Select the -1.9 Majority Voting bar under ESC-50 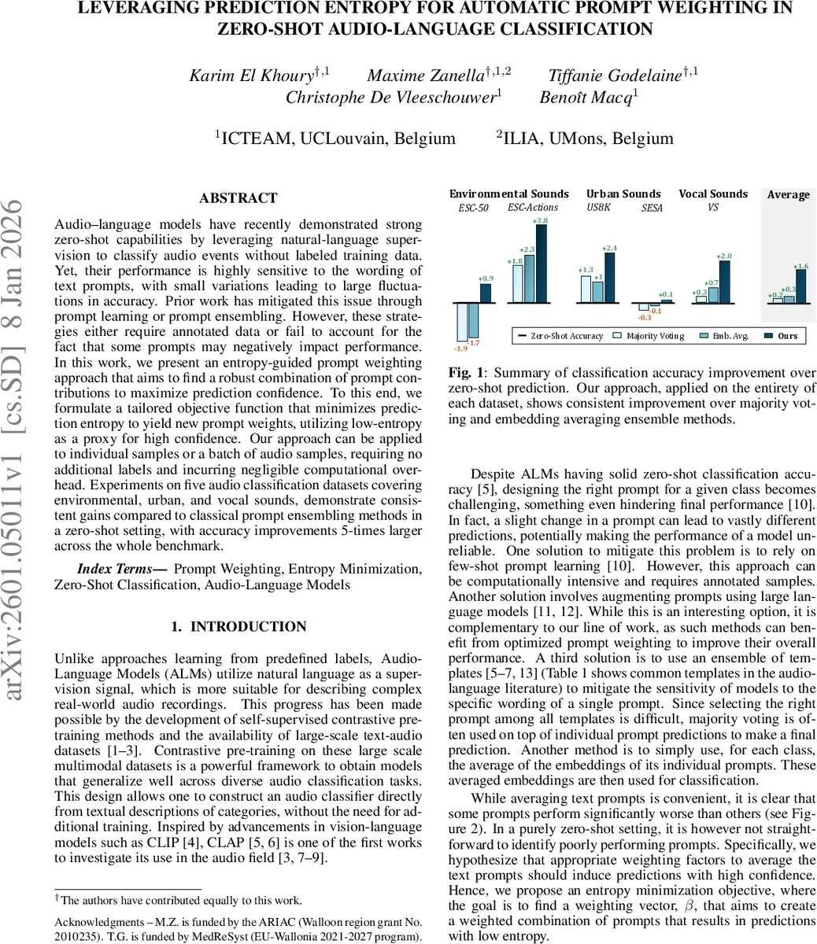coord(462,321)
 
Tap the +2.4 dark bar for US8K coord(609,278)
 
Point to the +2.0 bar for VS coord(724,282)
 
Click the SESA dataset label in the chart coord(652,208)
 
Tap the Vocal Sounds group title coord(713,194)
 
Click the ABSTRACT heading coord(238,198)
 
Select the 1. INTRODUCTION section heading coord(238,627)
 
